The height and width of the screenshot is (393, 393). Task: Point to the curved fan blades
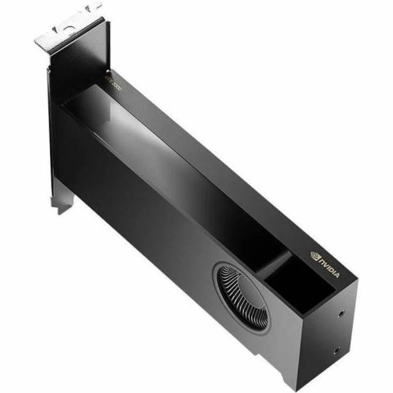(242, 296)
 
